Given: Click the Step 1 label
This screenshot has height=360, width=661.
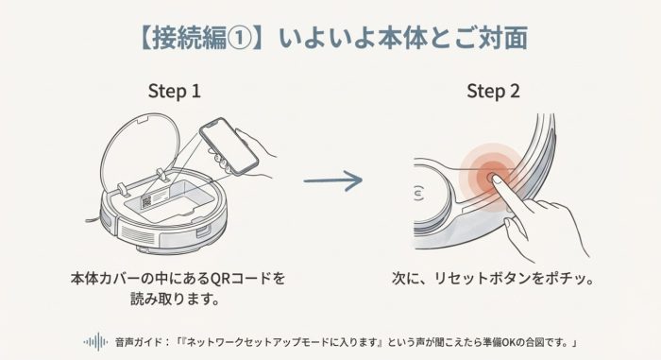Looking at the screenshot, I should (x=174, y=92).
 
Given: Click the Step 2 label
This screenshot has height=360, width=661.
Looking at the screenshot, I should (x=494, y=92).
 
